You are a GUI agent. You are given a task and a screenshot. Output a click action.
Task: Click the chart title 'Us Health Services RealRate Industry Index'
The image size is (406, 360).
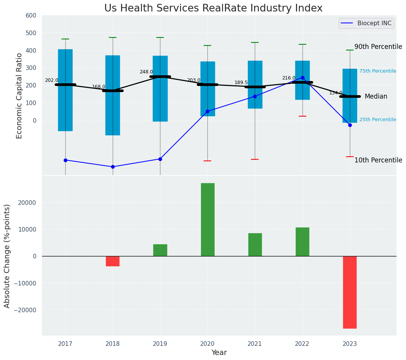pyautogui.click(x=213, y=8)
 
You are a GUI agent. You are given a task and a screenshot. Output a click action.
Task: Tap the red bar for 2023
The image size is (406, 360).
pyautogui.click(x=349, y=292)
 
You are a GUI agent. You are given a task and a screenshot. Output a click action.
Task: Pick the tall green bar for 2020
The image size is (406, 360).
pyautogui.click(x=207, y=219)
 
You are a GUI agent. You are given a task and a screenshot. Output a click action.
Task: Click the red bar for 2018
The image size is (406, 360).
pyautogui.click(x=113, y=261)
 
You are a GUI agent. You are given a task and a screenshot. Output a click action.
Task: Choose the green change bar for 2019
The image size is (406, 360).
pyautogui.click(x=160, y=250)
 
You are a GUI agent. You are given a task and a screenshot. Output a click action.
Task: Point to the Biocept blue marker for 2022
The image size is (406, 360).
pyautogui.click(x=302, y=78)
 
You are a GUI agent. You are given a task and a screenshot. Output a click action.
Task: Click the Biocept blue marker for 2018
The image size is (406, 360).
pyautogui.click(x=113, y=167)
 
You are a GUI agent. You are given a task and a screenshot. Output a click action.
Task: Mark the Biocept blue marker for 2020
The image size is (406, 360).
pyautogui.click(x=207, y=111)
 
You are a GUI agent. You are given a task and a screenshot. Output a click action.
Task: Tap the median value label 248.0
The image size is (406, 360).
pyautogui.click(x=146, y=72)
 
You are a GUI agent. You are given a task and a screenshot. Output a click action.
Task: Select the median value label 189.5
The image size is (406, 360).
pyautogui.click(x=241, y=83)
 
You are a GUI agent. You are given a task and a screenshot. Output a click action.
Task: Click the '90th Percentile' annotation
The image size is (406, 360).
pyautogui.click(x=378, y=47)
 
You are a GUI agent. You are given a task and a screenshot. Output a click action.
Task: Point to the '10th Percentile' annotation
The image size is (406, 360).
pyautogui.click(x=378, y=160)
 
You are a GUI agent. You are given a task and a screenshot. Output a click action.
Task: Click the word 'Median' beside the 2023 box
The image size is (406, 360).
pyautogui.click(x=376, y=96)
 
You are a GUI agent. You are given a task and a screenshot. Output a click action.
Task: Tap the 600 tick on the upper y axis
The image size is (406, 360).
pyautogui.click(x=31, y=16)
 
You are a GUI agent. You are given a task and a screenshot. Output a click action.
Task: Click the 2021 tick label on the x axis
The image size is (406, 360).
pyautogui.click(x=255, y=344)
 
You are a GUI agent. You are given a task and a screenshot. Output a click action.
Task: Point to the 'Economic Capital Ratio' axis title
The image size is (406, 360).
pyautogui.click(x=19, y=96)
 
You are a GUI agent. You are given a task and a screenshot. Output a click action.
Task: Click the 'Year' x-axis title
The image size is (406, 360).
pyautogui.click(x=219, y=353)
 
